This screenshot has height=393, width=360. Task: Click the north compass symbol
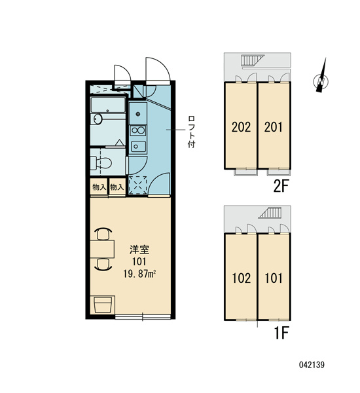point(321,80)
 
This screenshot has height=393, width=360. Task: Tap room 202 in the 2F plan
point(241,126)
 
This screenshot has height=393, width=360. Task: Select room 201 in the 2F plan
point(274,126)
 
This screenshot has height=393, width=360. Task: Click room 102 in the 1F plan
point(241,278)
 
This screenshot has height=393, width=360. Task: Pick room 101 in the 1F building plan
point(274,278)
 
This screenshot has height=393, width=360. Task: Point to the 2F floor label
point(281,186)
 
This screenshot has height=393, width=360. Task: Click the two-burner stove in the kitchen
point(138,145)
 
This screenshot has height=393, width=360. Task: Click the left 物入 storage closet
point(98,187)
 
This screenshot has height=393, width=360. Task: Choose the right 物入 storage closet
point(117,187)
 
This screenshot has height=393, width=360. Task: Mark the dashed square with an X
point(137,185)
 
